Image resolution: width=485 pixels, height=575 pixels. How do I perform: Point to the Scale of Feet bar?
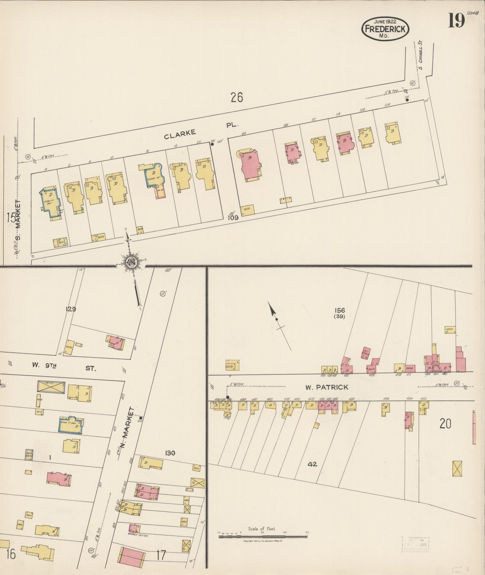pos(262,536)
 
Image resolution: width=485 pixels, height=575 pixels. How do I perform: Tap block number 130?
pos(170,453)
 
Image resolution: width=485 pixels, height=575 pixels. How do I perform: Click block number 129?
pos(71,309)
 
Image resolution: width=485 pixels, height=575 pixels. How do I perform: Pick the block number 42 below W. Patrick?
pos(312,464)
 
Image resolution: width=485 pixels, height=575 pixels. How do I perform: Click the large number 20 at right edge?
pos(445,424)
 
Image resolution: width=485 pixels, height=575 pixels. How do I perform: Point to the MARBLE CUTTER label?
pos(138,535)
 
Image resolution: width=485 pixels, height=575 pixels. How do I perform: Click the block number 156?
pos(339,310)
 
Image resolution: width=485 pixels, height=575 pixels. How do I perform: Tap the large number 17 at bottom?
pos(161,555)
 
